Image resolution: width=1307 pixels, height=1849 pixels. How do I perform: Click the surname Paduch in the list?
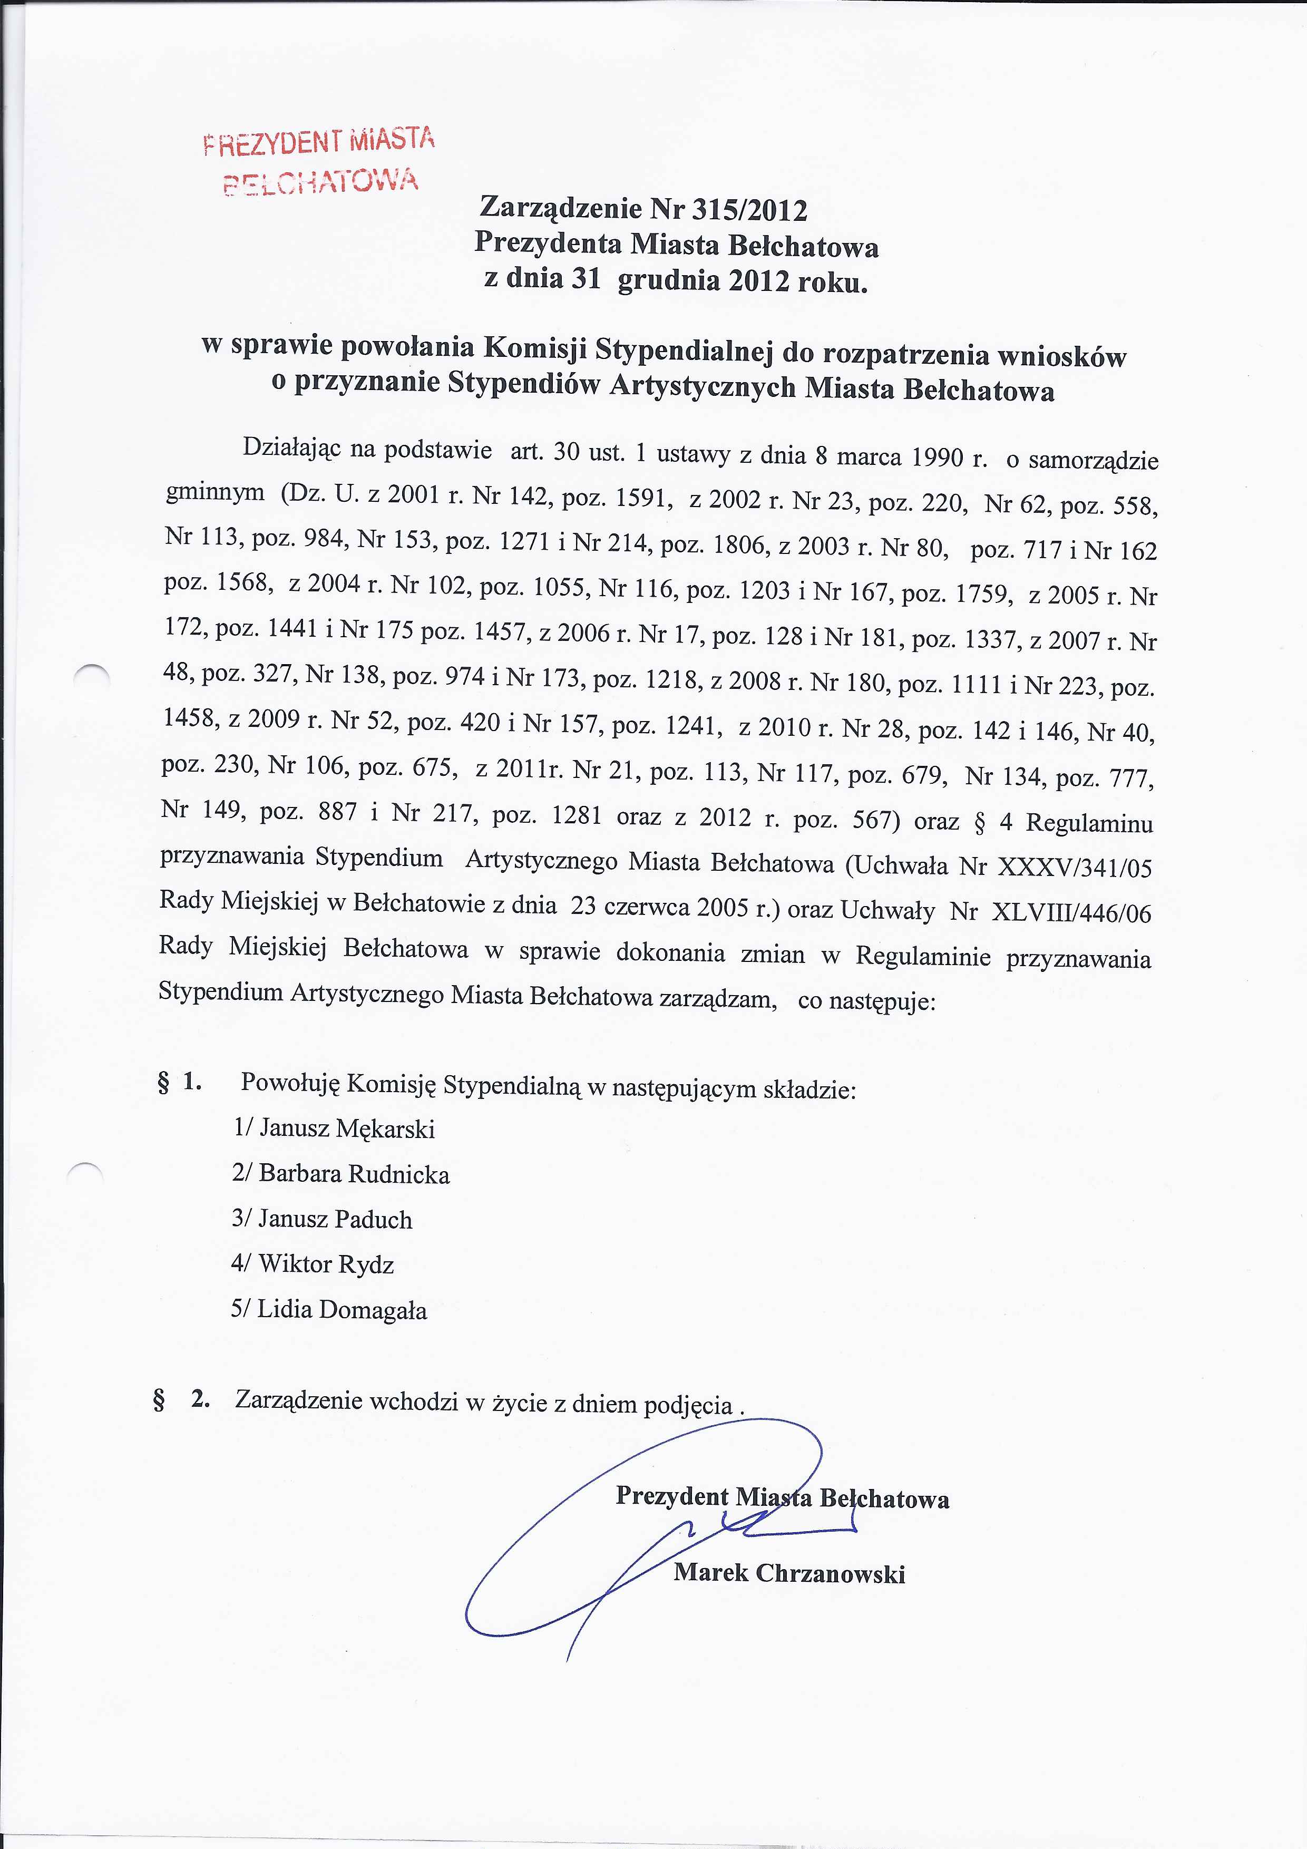373,1219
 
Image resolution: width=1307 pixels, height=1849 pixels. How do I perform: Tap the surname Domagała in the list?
372,1310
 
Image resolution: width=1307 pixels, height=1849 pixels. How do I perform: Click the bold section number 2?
200,1399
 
